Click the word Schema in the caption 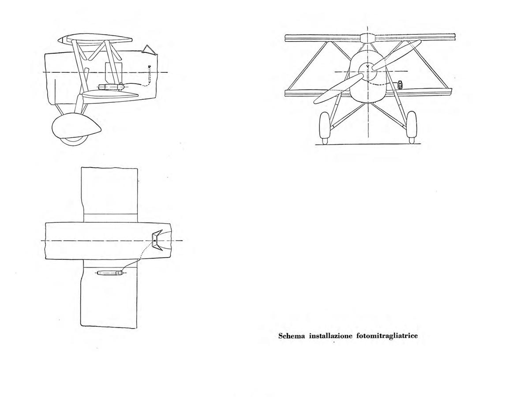[292, 336]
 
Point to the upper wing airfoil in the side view [95, 39]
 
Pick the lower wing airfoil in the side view [110, 94]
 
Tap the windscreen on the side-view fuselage [148, 50]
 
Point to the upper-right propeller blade [397, 55]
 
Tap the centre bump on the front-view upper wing [368, 37]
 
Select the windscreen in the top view [157, 240]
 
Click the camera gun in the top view [110, 273]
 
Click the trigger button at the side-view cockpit [150, 67]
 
